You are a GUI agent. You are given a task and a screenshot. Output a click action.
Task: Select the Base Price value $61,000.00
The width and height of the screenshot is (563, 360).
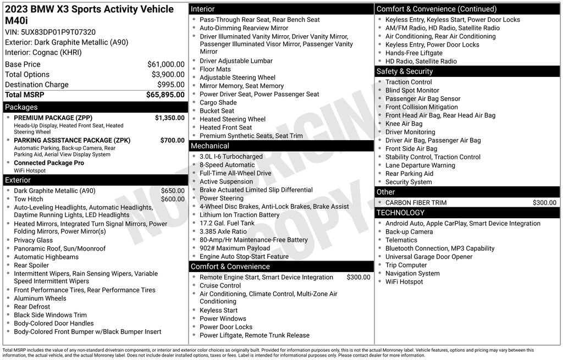pyautogui.click(x=165, y=64)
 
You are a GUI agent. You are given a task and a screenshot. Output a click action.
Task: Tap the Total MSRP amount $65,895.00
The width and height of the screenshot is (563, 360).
pyautogui.click(x=165, y=95)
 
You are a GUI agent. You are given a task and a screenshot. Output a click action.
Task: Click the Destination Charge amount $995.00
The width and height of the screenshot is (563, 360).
pyautogui.click(x=170, y=85)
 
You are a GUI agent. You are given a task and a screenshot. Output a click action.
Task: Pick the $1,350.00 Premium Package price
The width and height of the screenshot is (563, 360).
pyautogui.click(x=169, y=118)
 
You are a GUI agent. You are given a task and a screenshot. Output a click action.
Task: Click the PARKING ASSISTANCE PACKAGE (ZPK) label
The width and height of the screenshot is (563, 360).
pyautogui.click(x=72, y=140)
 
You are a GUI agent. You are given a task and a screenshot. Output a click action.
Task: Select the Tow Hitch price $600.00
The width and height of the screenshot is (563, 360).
pyautogui.click(x=173, y=199)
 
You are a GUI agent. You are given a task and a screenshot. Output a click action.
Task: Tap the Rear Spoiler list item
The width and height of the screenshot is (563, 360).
pyautogui.click(x=31, y=265)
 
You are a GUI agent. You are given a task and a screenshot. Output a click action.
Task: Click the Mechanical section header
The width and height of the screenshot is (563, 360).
pyautogui.click(x=209, y=146)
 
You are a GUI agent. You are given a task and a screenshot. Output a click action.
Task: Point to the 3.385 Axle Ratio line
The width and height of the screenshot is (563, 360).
pyautogui.click(x=223, y=231)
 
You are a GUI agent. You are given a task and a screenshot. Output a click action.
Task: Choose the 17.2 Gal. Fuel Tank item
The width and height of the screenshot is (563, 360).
pyautogui.click(x=227, y=223)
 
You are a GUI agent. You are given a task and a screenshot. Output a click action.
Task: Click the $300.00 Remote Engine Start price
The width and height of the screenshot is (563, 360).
pyautogui.click(x=358, y=277)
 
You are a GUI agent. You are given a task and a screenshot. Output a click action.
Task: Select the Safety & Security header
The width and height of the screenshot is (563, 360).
pyautogui.click(x=404, y=71)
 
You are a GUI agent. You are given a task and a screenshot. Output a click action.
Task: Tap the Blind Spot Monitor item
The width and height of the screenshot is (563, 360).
pyautogui.click(x=412, y=90)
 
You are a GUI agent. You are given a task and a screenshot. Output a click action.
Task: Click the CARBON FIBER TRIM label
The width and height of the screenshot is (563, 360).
pyautogui.click(x=416, y=203)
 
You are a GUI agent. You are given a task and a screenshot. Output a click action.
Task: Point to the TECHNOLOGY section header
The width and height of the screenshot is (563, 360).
pyautogui.click(x=400, y=213)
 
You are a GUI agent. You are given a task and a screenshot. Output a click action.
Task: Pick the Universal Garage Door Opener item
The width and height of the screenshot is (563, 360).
pyautogui.click(x=429, y=257)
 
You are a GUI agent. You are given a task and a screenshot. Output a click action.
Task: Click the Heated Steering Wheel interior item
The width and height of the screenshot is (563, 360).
pyautogui.click(x=233, y=119)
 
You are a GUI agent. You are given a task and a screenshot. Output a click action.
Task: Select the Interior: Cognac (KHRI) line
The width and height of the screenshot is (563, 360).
pyautogui.click(x=43, y=52)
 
